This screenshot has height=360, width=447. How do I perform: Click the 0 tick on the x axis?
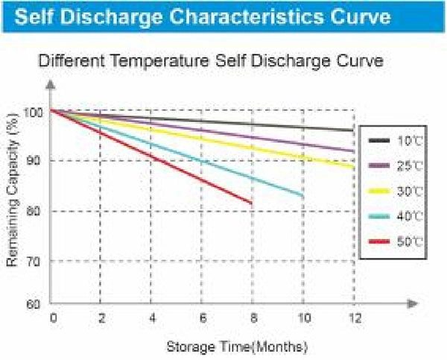[x=53, y=318]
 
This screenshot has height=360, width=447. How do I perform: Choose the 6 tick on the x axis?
[x=202, y=318]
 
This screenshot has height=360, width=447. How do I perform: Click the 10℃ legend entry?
[x=393, y=140]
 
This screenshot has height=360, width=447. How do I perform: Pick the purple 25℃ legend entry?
[x=393, y=165]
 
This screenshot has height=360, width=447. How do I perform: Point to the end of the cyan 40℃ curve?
[x=302, y=195]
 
